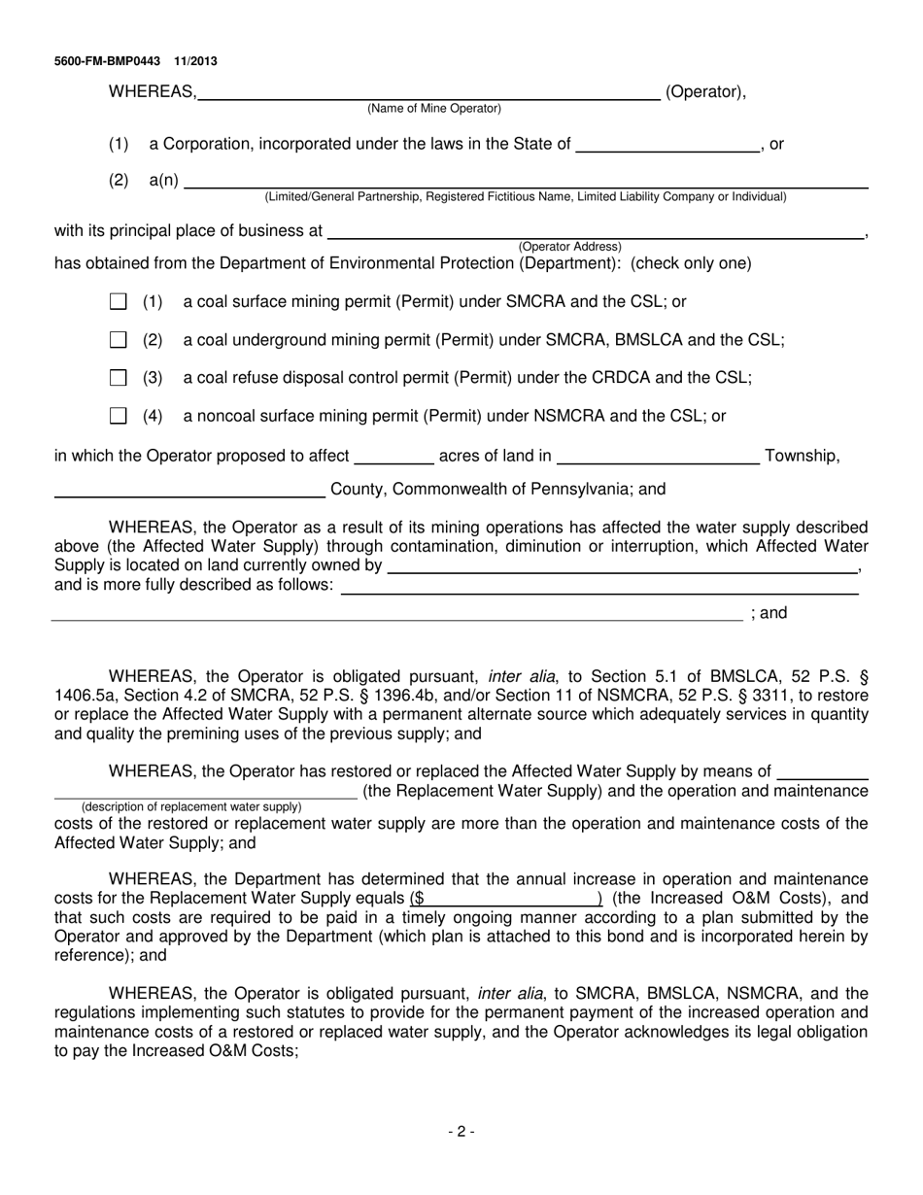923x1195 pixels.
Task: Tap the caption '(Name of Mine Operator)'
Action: (434, 109)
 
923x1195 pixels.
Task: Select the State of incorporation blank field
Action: (667, 146)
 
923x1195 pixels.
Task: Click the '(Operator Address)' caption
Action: (570, 247)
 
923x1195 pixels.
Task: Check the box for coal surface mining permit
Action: (119, 302)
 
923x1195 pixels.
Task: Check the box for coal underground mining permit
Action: (119, 340)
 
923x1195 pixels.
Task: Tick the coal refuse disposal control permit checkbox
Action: (119, 378)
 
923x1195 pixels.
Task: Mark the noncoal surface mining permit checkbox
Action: (119, 416)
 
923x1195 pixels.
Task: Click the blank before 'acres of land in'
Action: (395, 458)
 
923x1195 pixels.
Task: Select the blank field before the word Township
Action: (659, 458)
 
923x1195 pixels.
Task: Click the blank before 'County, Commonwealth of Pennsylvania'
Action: (189, 491)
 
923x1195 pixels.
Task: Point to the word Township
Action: (803, 456)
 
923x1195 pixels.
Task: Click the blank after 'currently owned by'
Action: (623, 566)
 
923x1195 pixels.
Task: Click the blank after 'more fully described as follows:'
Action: (599, 586)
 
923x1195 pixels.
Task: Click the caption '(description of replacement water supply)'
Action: (191, 806)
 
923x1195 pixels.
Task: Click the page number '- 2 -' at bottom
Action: (461, 1131)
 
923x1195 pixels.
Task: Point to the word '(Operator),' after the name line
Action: (705, 92)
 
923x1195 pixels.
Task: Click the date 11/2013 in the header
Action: (196, 61)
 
